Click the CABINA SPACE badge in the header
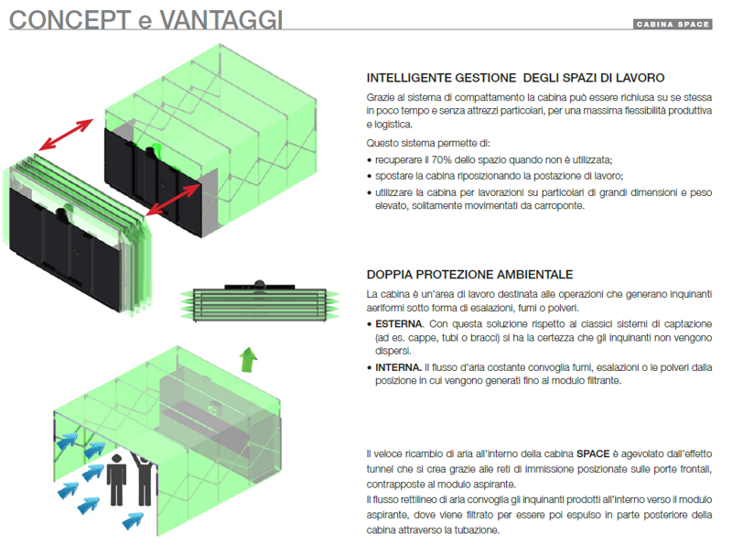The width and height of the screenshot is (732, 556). [x=673, y=25]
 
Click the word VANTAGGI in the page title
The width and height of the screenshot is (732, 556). [x=221, y=20]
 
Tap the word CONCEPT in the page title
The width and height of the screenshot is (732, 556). [x=70, y=20]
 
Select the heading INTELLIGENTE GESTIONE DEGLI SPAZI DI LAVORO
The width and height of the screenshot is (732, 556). [x=515, y=78]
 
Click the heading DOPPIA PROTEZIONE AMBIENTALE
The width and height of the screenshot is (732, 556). [x=469, y=274]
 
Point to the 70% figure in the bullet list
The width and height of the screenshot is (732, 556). [x=442, y=159]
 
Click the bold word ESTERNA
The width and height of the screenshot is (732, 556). [x=399, y=323]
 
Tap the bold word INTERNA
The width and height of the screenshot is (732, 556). [x=398, y=367]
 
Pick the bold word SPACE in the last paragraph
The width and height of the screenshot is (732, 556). [x=593, y=453]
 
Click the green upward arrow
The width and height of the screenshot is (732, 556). [x=249, y=359]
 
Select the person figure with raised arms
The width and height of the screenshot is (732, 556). [x=145, y=478]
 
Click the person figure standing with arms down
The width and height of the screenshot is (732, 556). [x=117, y=480]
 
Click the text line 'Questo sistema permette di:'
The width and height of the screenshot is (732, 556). [x=428, y=143]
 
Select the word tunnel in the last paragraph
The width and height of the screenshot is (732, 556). [x=380, y=469]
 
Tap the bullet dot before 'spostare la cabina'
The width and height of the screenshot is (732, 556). [x=370, y=177]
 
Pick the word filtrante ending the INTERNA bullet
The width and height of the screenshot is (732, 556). [x=604, y=380]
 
